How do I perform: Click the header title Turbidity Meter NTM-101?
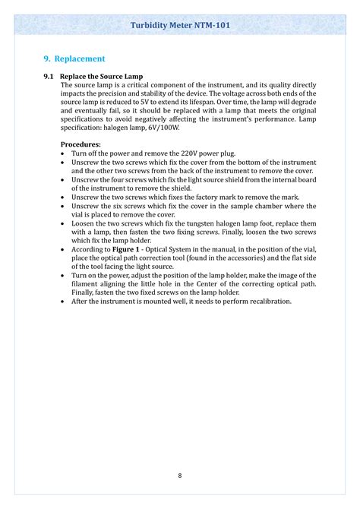tap(180, 25)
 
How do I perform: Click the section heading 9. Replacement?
tap(74, 58)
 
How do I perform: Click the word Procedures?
tap(81, 144)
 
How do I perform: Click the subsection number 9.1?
tap(49, 77)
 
